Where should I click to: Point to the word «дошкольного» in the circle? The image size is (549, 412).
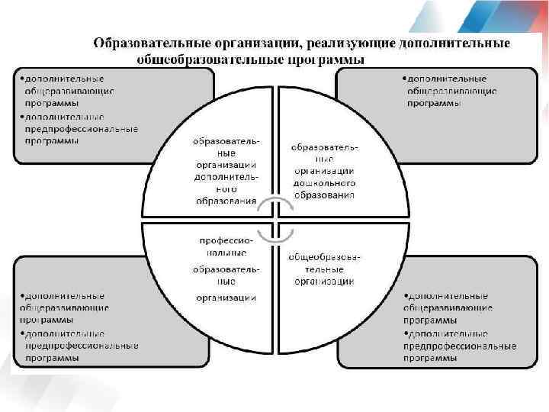(x=323, y=184)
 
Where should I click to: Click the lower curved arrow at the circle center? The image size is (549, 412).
(x=274, y=232)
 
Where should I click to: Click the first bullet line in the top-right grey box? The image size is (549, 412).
(x=445, y=78)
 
